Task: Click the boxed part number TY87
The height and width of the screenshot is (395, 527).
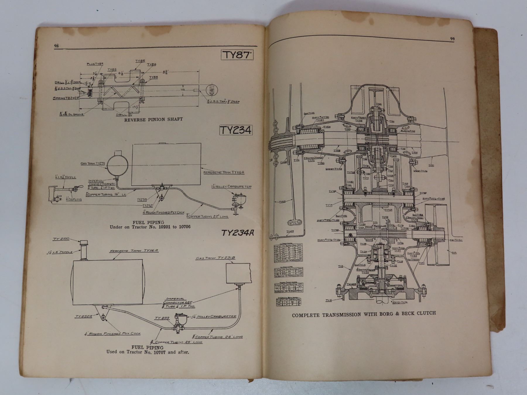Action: click(237, 55)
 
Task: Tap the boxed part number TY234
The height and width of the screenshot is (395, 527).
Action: click(235, 130)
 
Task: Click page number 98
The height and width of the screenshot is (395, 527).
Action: click(56, 46)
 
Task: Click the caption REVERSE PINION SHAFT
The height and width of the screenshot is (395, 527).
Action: click(153, 119)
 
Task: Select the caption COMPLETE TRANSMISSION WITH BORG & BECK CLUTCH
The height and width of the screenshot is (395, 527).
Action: click(364, 314)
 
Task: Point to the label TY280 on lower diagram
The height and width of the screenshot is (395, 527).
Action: click(61, 239)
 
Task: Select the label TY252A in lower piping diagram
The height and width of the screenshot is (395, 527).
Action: click(83, 316)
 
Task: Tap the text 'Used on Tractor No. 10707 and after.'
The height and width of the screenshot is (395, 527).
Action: click(148, 352)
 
